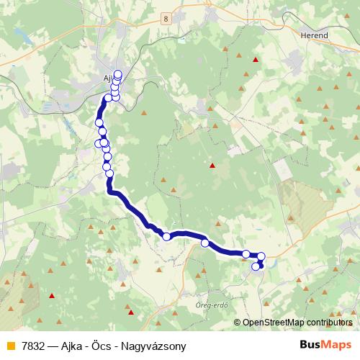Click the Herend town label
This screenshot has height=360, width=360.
315,35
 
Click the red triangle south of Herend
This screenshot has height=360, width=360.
255,60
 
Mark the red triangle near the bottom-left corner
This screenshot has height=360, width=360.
51,295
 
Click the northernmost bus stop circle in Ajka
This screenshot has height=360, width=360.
118,73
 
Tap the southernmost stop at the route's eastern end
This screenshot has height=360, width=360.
256,267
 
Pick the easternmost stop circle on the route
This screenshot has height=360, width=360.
261,256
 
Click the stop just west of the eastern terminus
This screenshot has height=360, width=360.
246,253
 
